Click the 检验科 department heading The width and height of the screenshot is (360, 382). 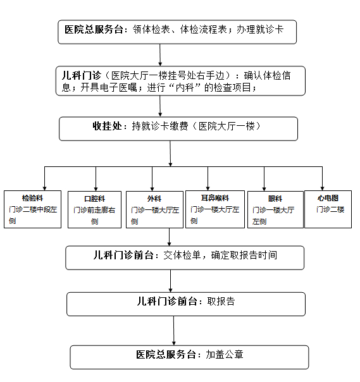point(32,198)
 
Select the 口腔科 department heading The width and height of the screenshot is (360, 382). point(94,199)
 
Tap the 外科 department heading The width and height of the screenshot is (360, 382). point(154,199)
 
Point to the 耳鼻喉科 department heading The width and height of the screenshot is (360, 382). point(215,198)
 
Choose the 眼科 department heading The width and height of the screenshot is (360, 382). point(275,199)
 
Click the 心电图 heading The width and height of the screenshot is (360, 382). point(328,198)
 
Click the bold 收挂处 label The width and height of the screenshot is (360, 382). point(107,126)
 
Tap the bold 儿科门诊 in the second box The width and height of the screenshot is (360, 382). point(81,75)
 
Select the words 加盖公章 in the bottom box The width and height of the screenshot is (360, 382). point(225,354)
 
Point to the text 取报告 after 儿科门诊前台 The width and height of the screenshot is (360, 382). point(221,301)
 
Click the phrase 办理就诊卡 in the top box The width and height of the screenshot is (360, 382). point(260,30)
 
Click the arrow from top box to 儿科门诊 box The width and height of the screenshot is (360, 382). point(160,55)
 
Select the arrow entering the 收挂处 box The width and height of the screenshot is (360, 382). point(160,106)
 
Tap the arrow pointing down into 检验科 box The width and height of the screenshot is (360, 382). point(44,178)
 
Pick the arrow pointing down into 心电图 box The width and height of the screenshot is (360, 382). point(322,178)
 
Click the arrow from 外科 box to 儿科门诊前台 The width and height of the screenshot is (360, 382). point(169,237)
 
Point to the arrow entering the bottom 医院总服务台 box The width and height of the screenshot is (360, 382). point(174,331)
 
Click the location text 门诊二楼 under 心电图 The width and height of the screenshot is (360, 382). point(330,209)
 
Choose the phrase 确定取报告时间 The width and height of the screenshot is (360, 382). point(244,255)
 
